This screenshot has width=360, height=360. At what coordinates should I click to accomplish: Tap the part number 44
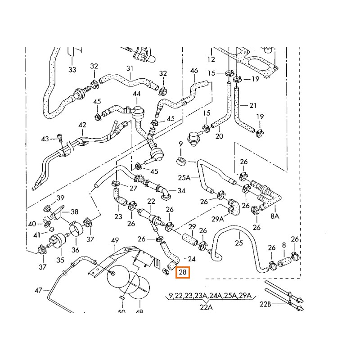tap(136, 94)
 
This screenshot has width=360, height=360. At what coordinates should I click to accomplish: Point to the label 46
tap(194, 71)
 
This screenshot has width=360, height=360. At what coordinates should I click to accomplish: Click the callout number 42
tap(82, 125)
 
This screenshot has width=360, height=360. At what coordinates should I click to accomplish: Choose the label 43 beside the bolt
tap(45, 139)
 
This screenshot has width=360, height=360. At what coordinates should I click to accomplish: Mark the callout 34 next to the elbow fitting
tap(181, 191)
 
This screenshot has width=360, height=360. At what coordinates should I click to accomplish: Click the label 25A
tap(184, 178)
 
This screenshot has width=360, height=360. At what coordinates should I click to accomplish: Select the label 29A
tap(218, 219)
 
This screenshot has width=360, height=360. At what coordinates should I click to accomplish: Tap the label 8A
tap(274, 216)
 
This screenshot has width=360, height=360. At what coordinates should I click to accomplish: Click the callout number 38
tap(74, 211)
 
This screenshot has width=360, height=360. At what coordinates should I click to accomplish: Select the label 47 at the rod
tap(39, 291)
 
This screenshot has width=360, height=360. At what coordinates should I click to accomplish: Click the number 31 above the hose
tap(130, 68)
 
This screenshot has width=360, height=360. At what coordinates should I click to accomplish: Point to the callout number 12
tap(211, 59)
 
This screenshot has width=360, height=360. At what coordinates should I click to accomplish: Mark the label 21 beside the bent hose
tap(252, 106)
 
